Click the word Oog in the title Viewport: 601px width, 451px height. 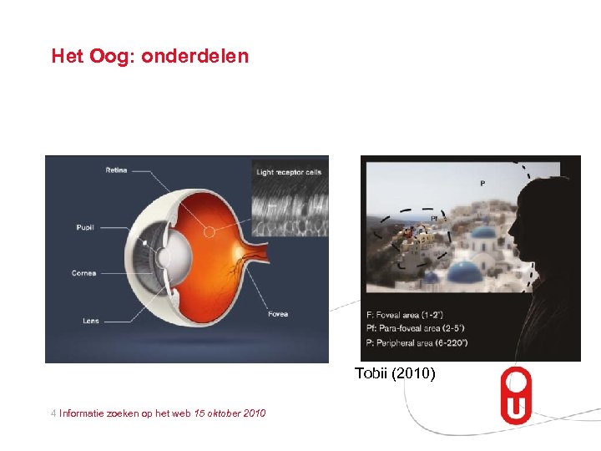[x=116, y=57]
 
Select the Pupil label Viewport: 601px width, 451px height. [x=85, y=225]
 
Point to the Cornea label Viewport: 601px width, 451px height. [x=83, y=273]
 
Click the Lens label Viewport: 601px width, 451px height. [x=90, y=320]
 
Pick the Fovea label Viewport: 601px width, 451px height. [x=278, y=314]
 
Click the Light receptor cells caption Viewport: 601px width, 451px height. [x=289, y=172]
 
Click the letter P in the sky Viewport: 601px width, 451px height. [x=482, y=182]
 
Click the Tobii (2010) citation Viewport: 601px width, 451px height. [x=395, y=373]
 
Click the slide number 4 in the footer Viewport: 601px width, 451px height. [x=53, y=413]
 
